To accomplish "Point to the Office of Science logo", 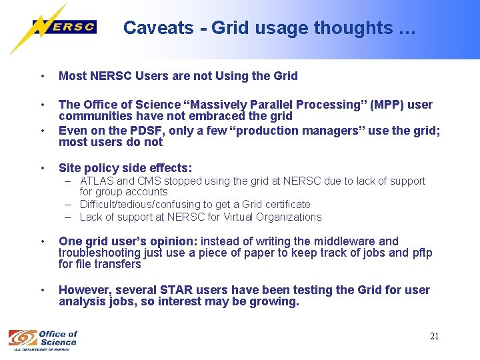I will (43, 338).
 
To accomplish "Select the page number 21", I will (434, 337).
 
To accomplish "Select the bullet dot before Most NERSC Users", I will (42, 76).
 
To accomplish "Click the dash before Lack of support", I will (69, 217).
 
